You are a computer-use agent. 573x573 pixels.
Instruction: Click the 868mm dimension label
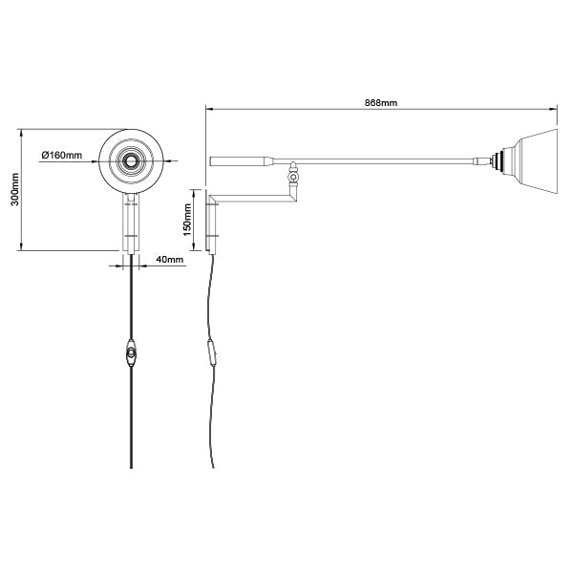pyautogui.click(x=381, y=103)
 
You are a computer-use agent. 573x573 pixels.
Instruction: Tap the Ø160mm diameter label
pyautogui.click(x=62, y=155)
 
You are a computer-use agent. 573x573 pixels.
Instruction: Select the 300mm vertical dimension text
pyautogui.click(x=15, y=189)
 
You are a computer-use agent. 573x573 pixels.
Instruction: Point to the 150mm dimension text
pyautogui.click(x=187, y=220)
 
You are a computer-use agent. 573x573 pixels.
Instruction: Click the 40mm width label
pyautogui.click(x=170, y=259)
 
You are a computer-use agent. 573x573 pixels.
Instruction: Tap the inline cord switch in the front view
pyautogui.click(x=131, y=352)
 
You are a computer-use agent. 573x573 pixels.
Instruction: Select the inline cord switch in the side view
pyautogui.click(x=212, y=352)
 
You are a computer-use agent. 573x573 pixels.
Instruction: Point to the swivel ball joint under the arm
pyautogui.click(x=293, y=178)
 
